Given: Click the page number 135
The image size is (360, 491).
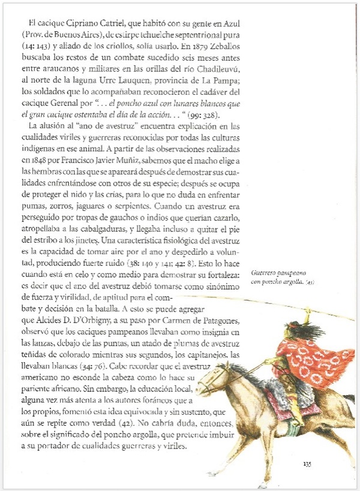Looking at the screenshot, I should [x=308, y=462].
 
